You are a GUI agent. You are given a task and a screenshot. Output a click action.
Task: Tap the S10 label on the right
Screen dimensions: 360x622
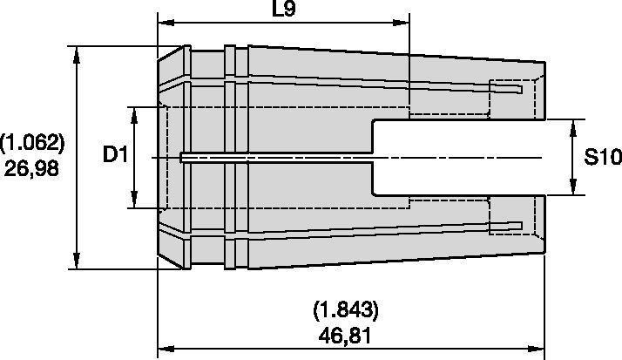coord(600,158)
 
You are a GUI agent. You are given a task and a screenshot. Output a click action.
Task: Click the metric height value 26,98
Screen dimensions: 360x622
coord(32,169)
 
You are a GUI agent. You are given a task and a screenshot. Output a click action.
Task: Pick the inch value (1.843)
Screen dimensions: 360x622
coord(345,309)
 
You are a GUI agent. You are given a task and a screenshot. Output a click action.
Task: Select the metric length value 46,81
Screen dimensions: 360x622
coord(345,335)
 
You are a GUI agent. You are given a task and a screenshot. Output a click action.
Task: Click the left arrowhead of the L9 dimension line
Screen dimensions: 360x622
coord(164,23)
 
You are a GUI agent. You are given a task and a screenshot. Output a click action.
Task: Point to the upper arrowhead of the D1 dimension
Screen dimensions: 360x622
coord(135,113)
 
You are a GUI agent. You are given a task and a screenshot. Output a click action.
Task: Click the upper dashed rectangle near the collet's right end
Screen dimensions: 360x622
coord(506,89)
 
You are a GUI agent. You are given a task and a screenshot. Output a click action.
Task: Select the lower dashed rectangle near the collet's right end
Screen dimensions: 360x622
coord(506,226)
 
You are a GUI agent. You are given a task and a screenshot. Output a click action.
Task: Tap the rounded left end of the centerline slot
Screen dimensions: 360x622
coord(182,158)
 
